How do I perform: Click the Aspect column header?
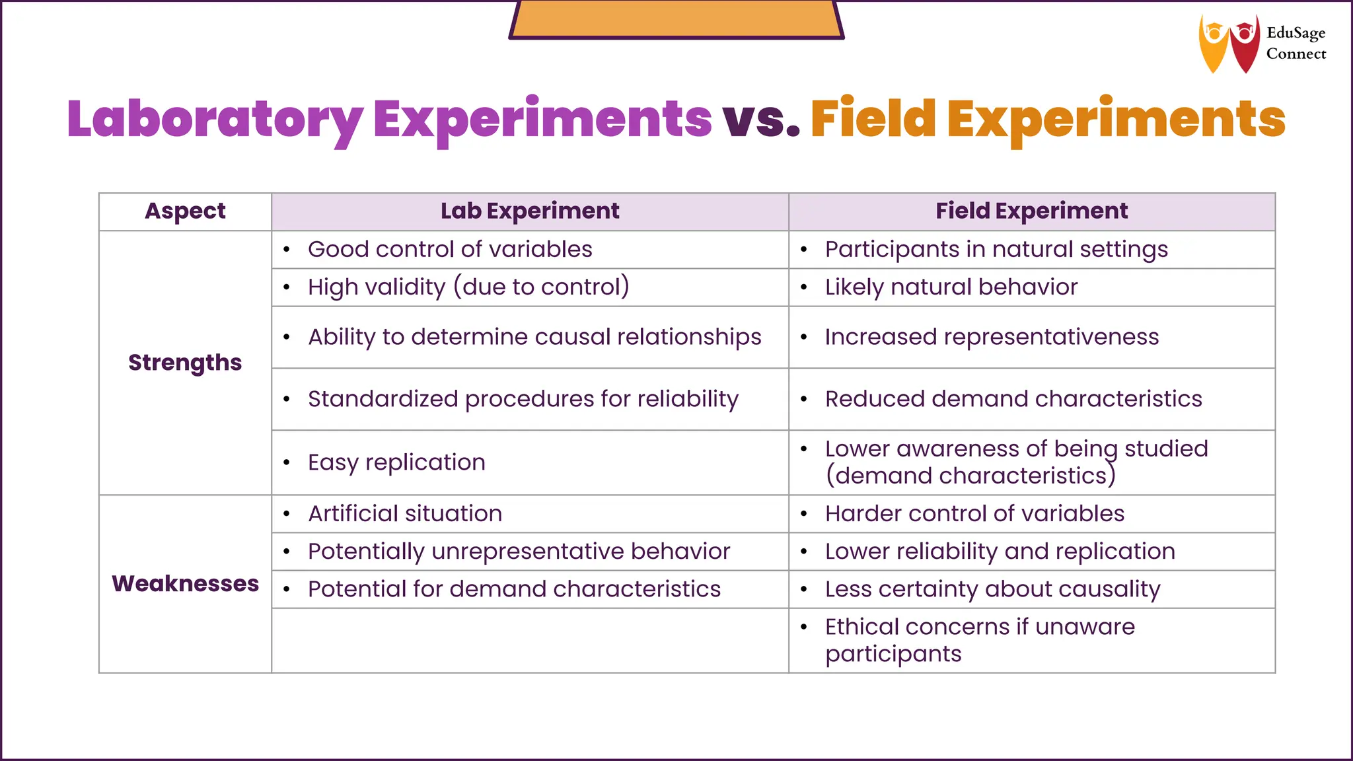tap(185, 211)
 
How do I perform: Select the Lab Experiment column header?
tap(530, 211)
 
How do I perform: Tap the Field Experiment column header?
tap(1031, 211)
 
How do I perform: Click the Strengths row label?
tap(185, 363)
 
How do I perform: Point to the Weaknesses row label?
tap(185, 584)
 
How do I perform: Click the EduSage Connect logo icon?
tap(1229, 44)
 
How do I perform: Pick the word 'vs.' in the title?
tap(761, 119)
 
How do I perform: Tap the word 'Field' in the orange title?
tap(873, 119)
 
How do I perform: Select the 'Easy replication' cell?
tap(396, 462)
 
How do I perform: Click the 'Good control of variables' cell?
tap(450, 250)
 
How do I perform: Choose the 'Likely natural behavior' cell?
tap(951, 287)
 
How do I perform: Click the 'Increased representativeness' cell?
tap(992, 337)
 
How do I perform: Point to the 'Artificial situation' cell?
tap(405, 514)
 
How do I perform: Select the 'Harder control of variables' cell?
tap(974, 514)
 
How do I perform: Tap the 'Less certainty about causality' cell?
tap(992, 589)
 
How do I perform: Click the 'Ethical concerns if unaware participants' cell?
tap(980, 640)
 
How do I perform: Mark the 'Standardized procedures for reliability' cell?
tap(523, 399)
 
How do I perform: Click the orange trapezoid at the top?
tap(676, 18)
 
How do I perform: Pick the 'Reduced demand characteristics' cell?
tap(1013, 399)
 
